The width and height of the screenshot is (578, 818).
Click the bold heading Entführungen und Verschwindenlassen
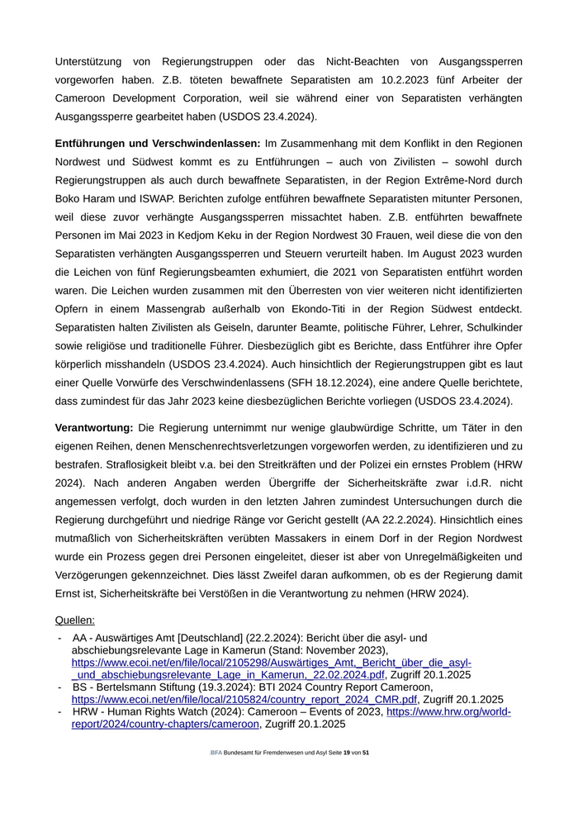[158, 144]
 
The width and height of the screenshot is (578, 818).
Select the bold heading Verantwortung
[94, 428]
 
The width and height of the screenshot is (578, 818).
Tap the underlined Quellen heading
[75, 620]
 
